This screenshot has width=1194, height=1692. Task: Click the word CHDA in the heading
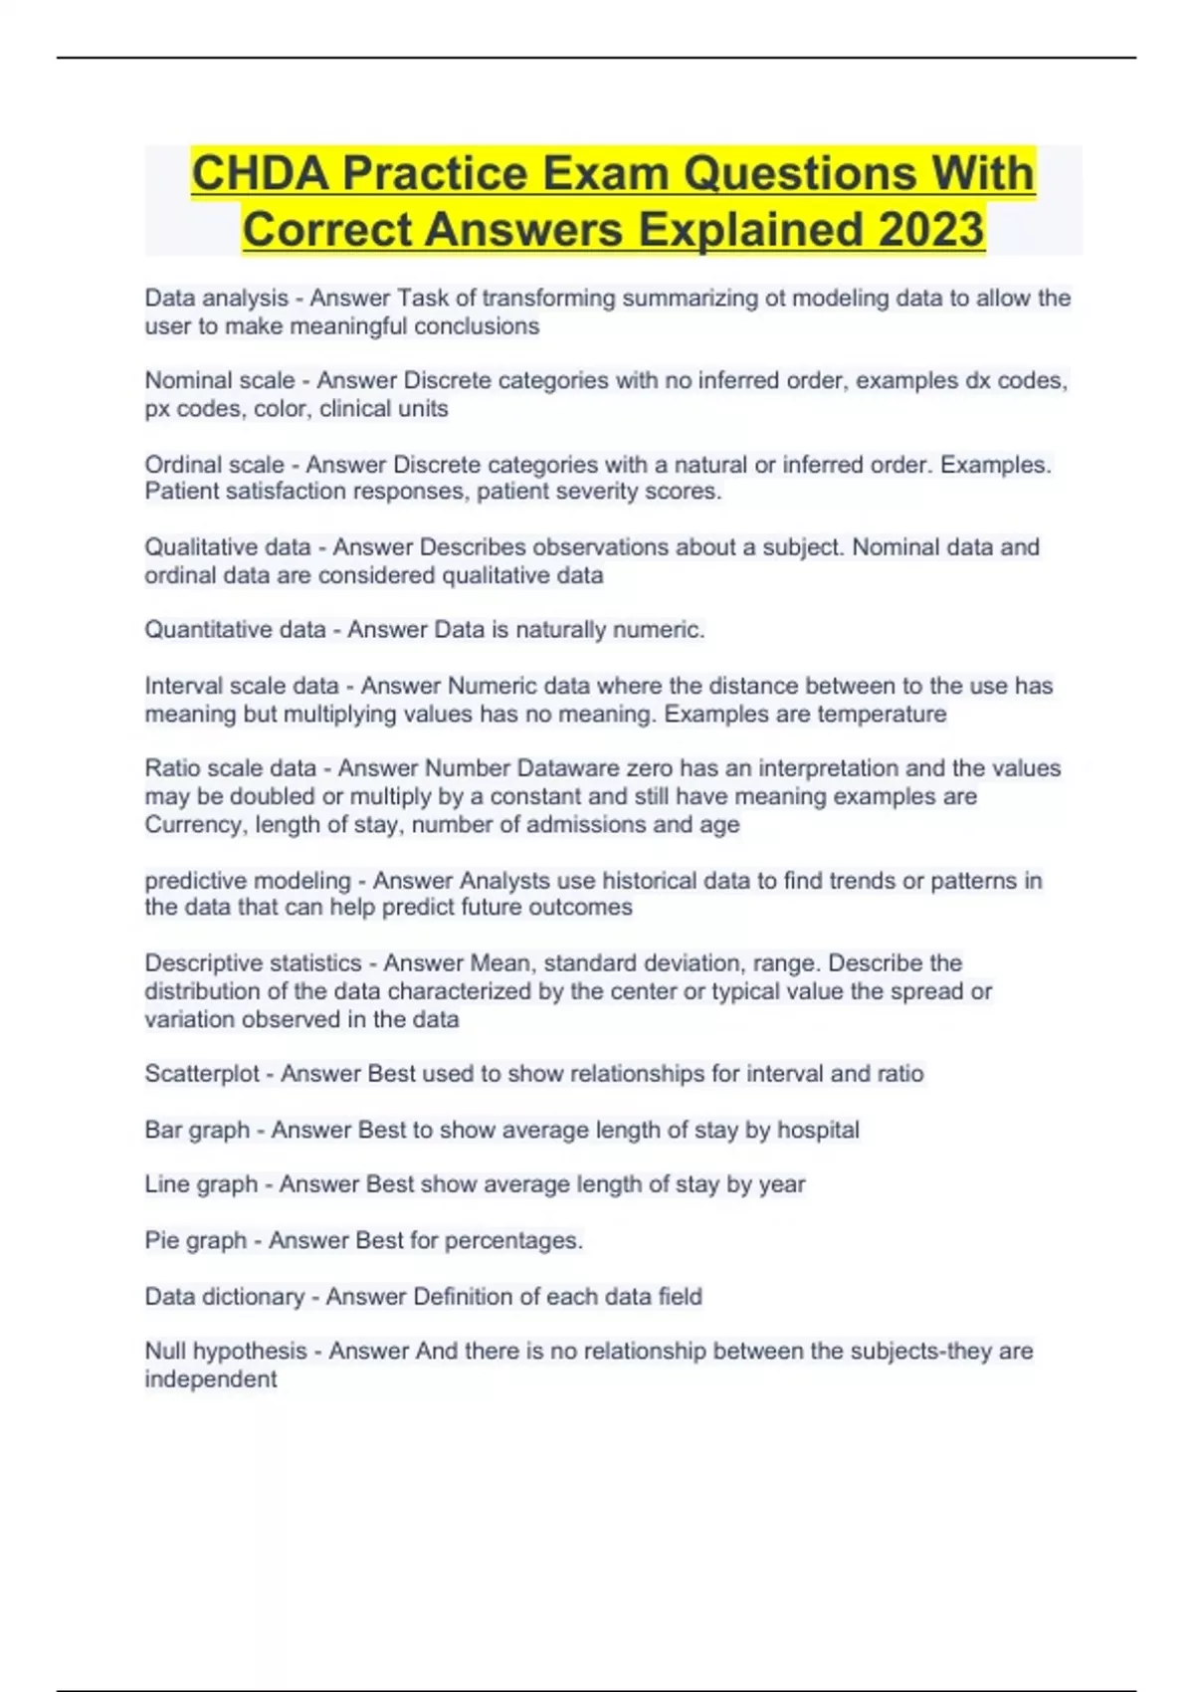click(260, 173)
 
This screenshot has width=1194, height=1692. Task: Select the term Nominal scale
click(220, 380)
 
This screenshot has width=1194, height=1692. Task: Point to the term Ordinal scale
click(215, 465)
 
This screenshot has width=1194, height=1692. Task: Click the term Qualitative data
click(228, 547)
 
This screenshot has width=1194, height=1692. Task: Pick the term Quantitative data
click(235, 630)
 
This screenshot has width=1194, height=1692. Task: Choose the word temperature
click(883, 715)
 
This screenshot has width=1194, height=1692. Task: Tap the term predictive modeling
click(248, 881)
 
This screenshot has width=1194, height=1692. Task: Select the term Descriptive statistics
click(253, 963)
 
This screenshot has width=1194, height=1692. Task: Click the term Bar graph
click(197, 1131)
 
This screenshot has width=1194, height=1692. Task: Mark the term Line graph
click(201, 1184)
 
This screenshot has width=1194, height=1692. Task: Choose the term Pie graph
click(195, 1241)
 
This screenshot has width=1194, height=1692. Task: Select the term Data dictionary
click(225, 1297)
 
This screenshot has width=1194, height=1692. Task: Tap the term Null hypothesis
click(226, 1352)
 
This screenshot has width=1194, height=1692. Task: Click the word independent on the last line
click(211, 1379)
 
